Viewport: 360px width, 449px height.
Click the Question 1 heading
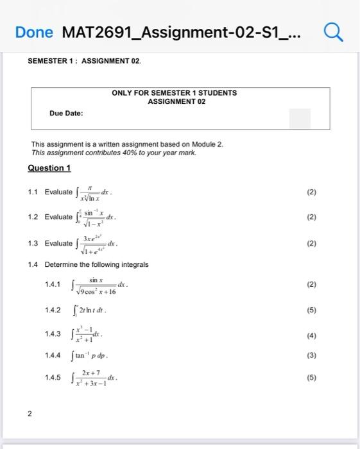coord(49,168)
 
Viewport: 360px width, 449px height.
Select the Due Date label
coord(66,114)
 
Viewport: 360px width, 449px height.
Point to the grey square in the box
coord(300,119)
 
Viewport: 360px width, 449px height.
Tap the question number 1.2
coord(35,217)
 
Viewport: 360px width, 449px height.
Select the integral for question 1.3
coord(96,244)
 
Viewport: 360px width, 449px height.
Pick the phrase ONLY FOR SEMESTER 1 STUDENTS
coord(174,93)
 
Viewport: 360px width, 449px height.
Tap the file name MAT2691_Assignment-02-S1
coord(186,31)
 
